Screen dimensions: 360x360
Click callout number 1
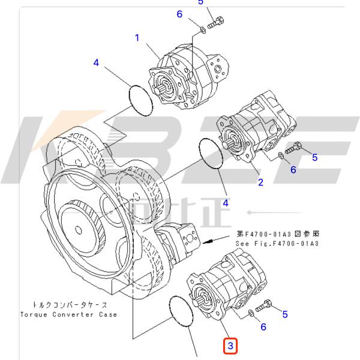[137, 38]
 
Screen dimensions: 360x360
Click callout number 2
[260, 182]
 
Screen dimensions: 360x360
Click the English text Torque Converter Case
[68, 314]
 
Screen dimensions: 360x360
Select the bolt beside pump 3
[266, 307]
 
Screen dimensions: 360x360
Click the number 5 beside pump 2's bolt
[313, 158]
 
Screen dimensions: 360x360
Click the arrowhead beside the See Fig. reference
[206, 243]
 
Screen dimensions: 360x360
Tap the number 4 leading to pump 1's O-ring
[97, 62]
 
